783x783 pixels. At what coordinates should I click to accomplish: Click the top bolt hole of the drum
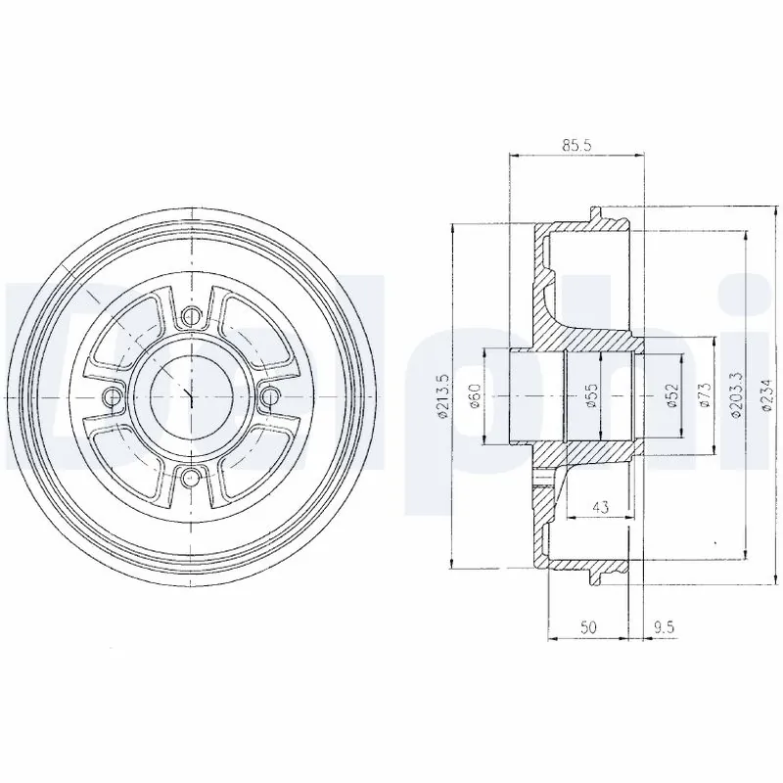[x=192, y=315]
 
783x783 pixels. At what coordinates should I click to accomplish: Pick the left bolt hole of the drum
[x=113, y=395]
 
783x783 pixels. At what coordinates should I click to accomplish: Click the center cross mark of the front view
[x=192, y=395]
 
